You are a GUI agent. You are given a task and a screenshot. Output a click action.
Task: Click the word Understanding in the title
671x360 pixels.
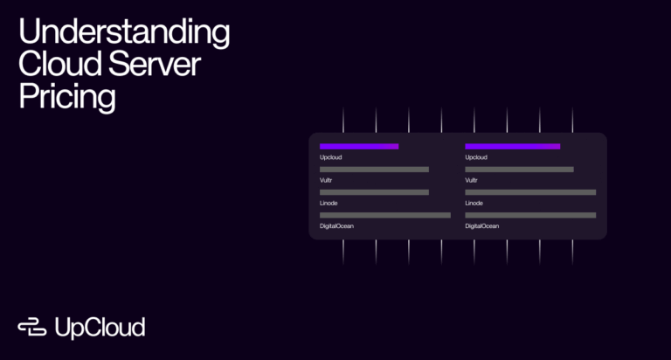[124, 34]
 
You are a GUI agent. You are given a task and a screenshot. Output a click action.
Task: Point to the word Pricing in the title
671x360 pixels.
[67, 97]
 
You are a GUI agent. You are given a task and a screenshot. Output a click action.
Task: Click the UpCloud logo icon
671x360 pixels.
[32, 327]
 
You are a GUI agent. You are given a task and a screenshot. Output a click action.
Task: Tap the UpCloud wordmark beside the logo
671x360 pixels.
[100, 328]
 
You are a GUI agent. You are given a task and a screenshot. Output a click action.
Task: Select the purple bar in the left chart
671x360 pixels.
[359, 147]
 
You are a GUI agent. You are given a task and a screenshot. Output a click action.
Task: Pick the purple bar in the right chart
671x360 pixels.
[512, 147]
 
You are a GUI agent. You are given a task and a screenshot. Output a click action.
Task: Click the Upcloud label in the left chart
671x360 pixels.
[330, 157]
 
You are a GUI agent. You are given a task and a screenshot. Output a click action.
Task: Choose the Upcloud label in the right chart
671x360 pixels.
[476, 157]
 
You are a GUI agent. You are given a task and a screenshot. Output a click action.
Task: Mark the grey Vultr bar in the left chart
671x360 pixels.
[374, 170]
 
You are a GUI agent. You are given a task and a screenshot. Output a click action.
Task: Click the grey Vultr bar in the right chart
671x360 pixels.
[519, 170]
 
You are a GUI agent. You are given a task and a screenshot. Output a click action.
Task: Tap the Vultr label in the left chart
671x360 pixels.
[326, 180]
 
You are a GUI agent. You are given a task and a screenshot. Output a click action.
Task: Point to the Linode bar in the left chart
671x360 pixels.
[374, 192]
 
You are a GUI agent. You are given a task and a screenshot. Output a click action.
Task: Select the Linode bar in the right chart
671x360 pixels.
[530, 192]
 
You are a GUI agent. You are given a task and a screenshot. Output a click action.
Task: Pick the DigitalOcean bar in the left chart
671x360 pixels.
[385, 215]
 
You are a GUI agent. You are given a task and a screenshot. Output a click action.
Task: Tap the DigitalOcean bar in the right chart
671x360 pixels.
[530, 215]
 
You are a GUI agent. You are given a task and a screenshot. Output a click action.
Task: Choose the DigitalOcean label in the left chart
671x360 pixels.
[336, 225]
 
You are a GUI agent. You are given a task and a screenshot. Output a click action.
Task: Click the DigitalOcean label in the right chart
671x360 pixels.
[482, 225]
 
